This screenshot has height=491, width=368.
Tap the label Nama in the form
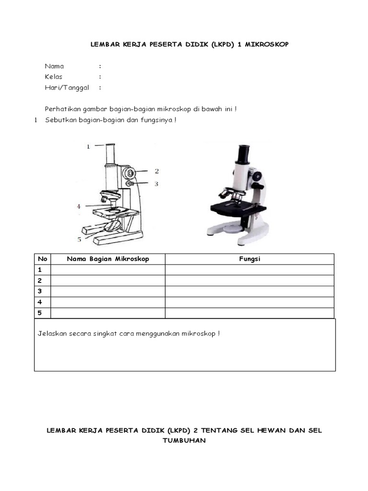(x=54, y=66)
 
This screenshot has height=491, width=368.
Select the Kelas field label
(x=54, y=77)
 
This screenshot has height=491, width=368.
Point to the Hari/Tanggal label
(x=64, y=88)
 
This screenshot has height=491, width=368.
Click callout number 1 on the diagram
(x=88, y=147)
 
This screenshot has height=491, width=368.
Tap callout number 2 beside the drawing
(x=156, y=171)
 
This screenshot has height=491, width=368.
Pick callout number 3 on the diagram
(x=156, y=183)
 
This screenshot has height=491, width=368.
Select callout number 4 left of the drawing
(x=79, y=207)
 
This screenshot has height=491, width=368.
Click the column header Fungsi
(x=249, y=259)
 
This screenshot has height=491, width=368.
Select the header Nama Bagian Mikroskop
(x=108, y=259)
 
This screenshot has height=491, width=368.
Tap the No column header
(x=42, y=259)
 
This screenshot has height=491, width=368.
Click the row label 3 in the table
(x=40, y=292)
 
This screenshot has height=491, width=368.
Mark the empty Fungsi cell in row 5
(x=249, y=313)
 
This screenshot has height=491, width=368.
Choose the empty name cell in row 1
(x=108, y=270)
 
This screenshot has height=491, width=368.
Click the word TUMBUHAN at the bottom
(x=184, y=441)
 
